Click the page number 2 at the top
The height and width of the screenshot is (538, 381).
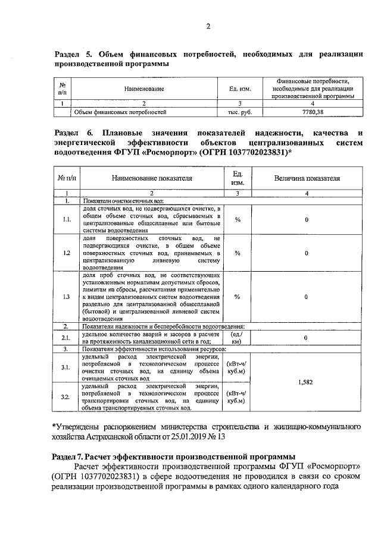[208, 25]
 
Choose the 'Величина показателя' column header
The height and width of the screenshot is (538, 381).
[307, 178]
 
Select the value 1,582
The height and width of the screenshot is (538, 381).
[306, 383]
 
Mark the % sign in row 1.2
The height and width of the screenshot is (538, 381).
[237, 253]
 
